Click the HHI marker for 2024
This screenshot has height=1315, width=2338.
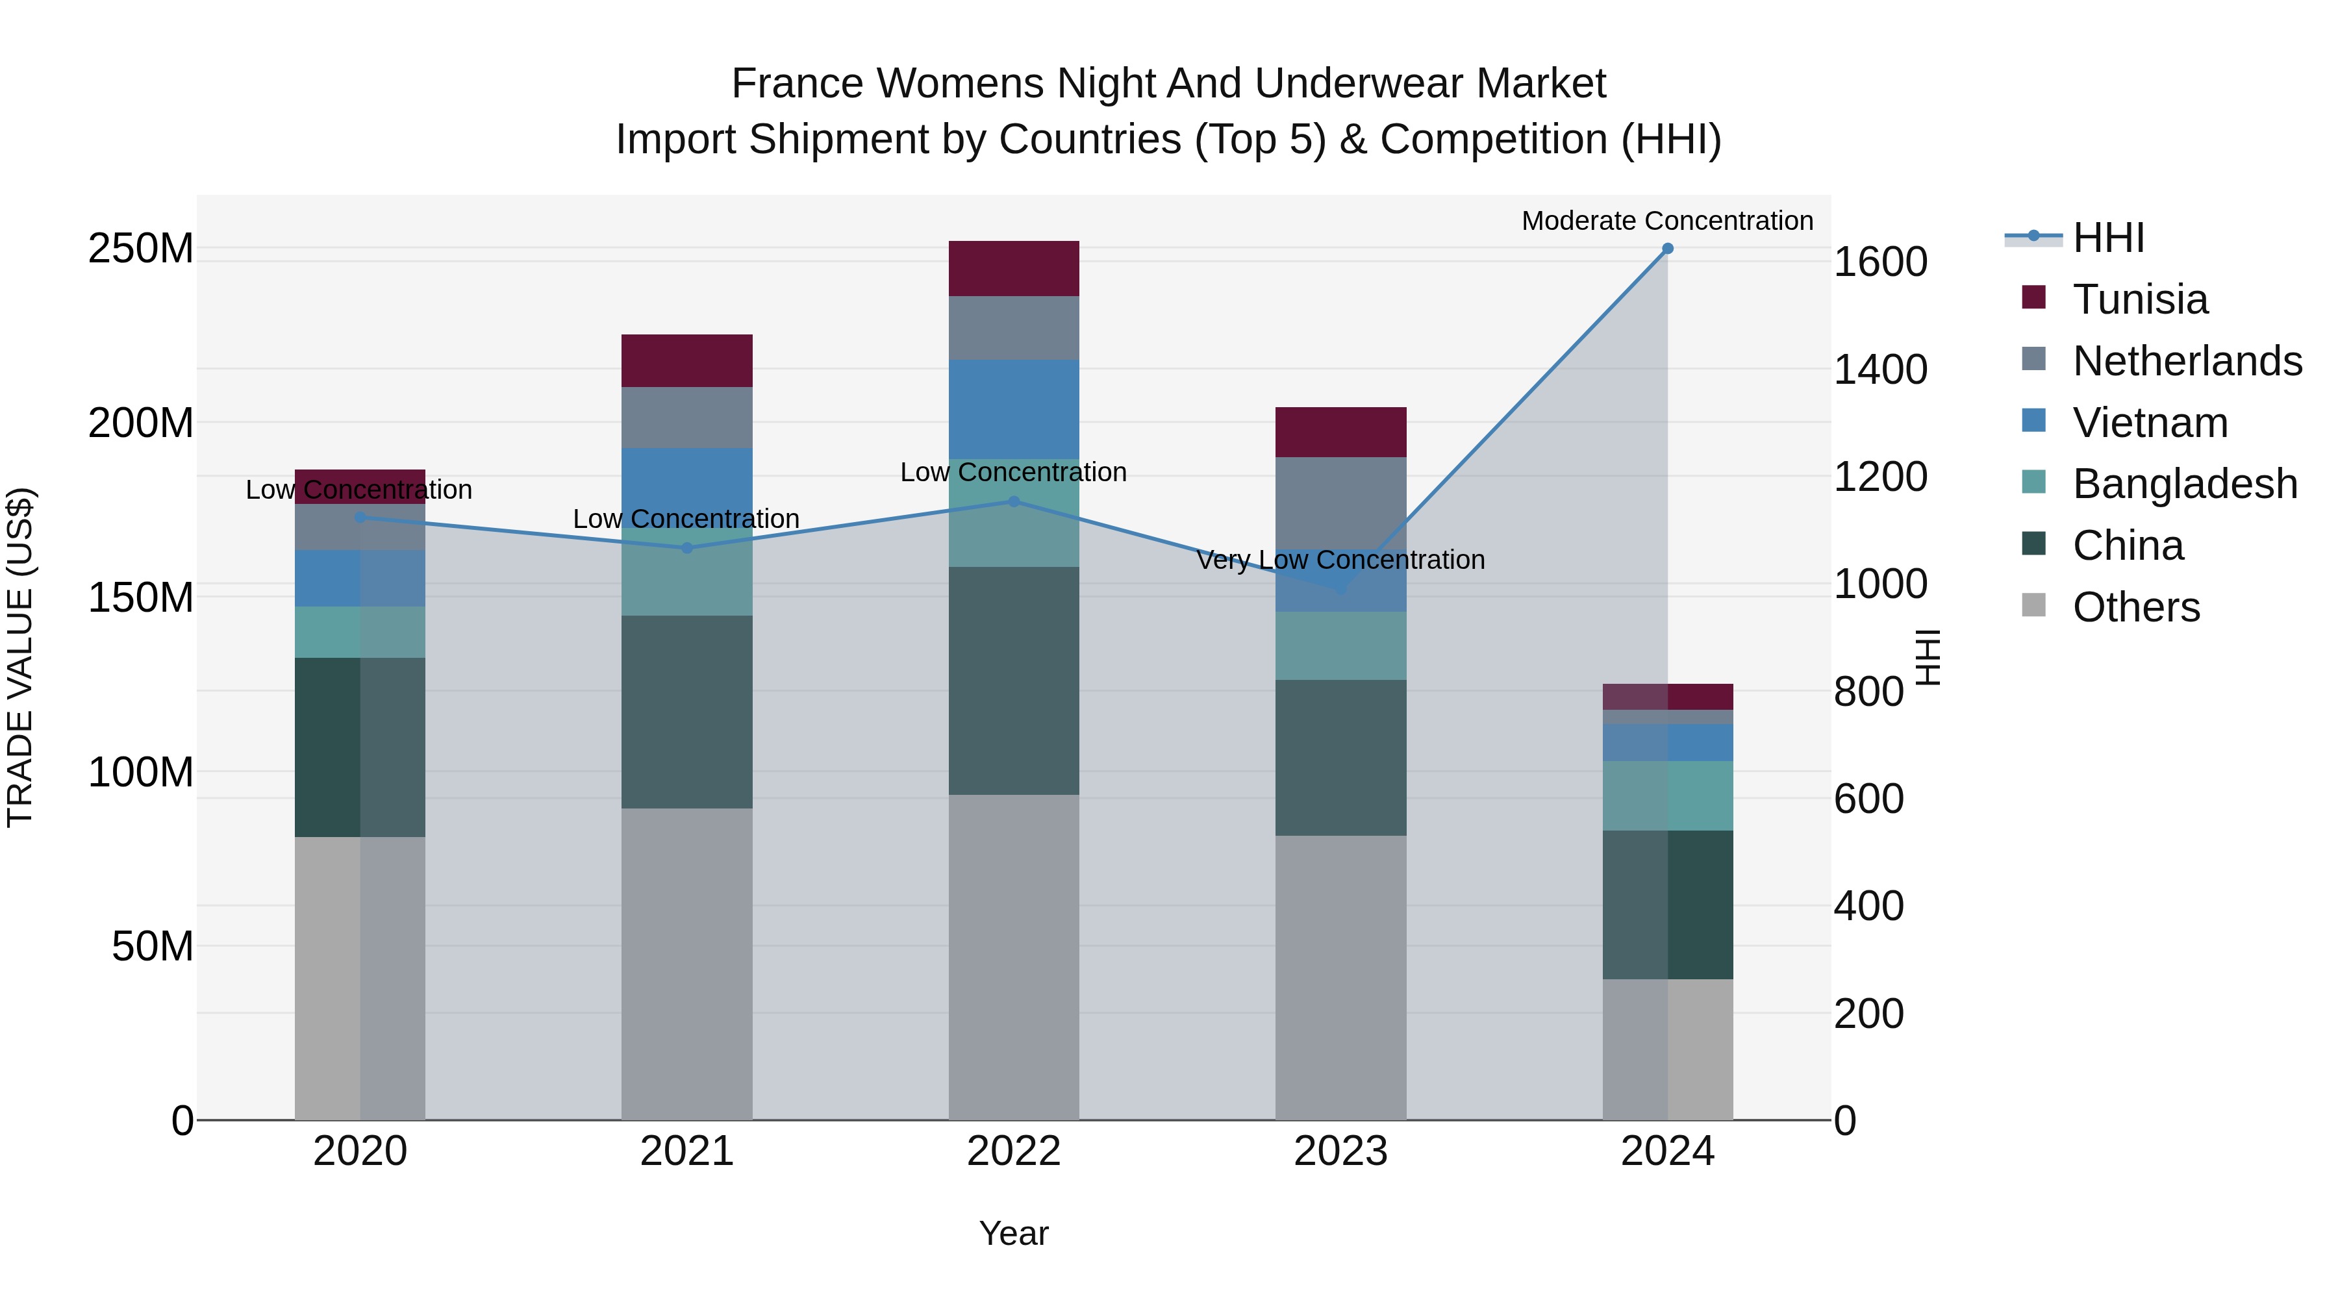tap(1667, 249)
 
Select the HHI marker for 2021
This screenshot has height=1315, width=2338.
tap(687, 548)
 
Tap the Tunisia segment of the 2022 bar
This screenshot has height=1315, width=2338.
tap(1014, 269)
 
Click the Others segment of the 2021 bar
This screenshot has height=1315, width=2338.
tap(687, 964)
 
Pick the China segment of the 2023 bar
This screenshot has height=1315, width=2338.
tap(1340, 758)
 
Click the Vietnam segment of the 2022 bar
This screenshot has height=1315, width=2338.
tap(1014, 408)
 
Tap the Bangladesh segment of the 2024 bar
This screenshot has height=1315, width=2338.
tap(1667, 796)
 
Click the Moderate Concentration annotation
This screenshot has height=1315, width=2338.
tap(1667, 221)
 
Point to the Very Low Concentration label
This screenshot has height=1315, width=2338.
tap(1340, 560)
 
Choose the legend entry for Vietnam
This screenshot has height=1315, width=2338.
tap(2149, 423)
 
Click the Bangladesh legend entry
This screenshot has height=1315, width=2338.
tap(2183, 484)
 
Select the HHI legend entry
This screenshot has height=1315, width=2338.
tap(2107, 238)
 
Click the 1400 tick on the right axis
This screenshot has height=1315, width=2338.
tap(1881, 369)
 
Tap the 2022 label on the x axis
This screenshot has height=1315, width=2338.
tap(1014, 1151)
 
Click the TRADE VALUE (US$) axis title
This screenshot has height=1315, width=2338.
tap(20, 657)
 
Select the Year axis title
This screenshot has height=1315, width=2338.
tap(1014, 1233)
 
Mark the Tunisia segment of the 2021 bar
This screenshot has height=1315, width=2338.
tap(687, 360)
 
